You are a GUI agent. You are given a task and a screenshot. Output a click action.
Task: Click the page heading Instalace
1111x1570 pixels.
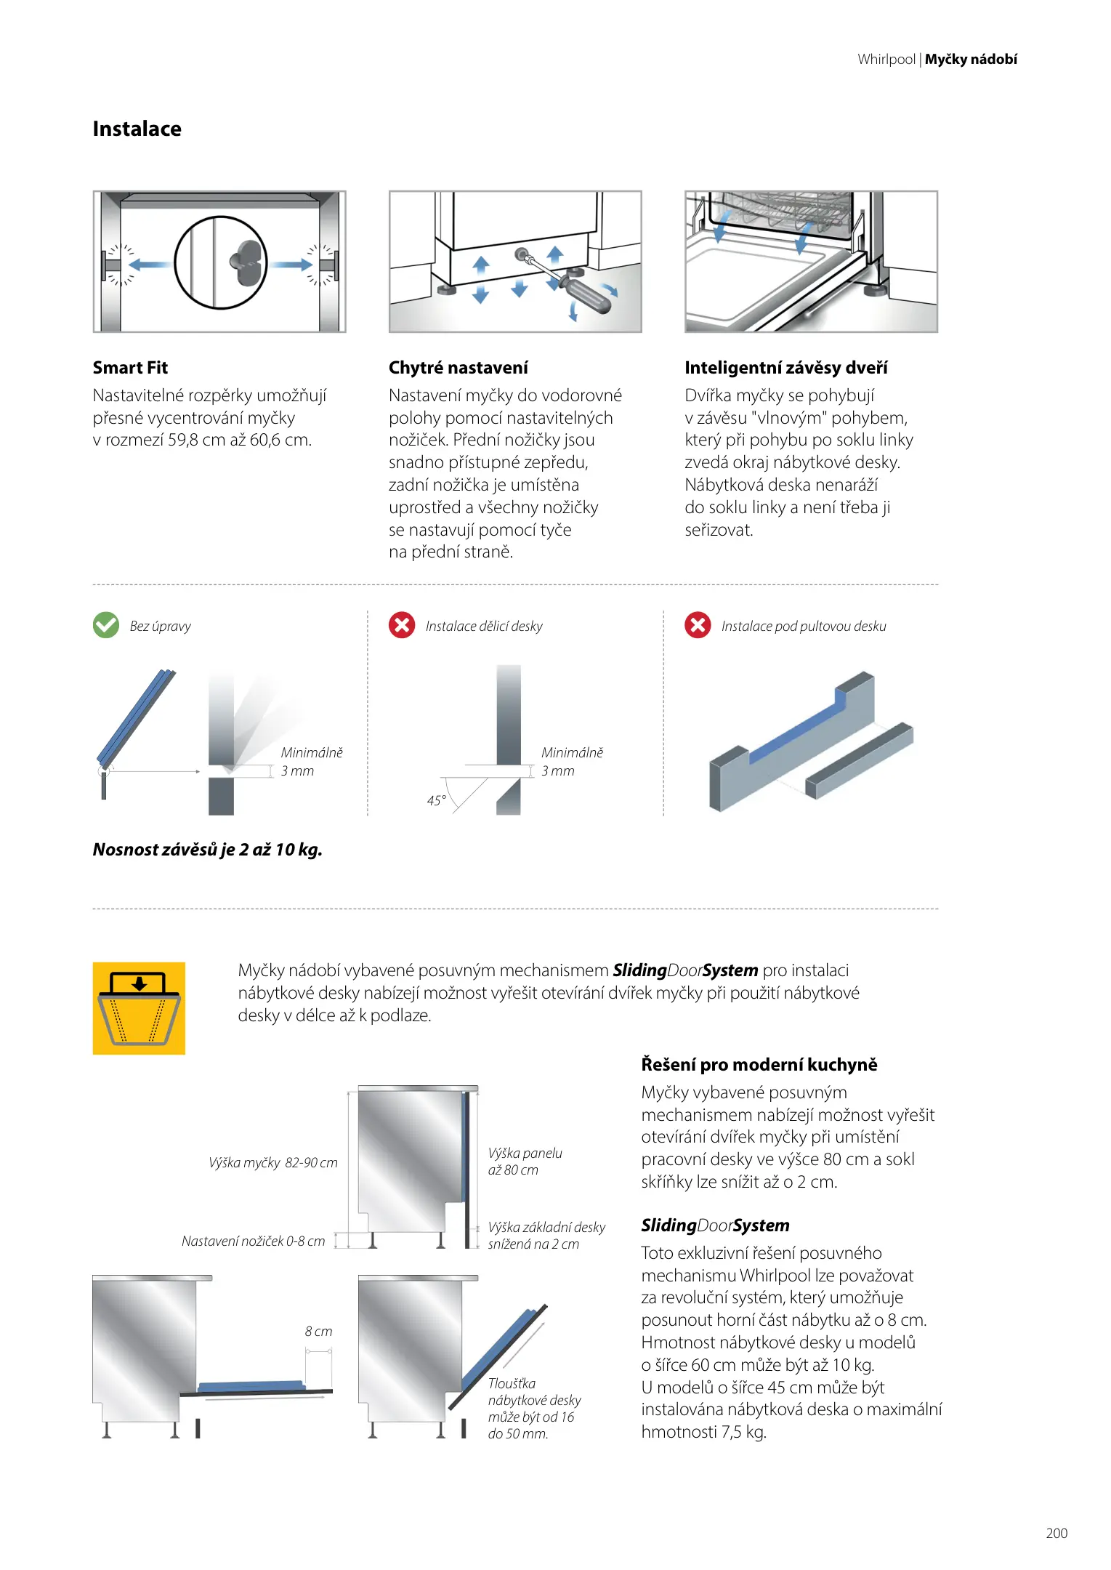[x=137, y=129]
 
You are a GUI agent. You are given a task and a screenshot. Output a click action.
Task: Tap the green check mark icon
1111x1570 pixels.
[x=106, y=625]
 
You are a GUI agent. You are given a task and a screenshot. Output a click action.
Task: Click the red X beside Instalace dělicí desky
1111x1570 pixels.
[x=402, y=625]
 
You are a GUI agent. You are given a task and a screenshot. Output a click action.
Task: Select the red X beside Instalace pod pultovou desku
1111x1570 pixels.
[x=698, y=625]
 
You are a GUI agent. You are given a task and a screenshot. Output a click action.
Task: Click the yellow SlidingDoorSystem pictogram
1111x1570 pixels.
[x=139, y=1008]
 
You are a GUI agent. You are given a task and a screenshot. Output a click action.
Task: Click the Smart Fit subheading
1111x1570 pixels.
[x=130, y=368]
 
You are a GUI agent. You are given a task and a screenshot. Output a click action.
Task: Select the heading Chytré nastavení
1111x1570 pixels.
[x=458, y=368]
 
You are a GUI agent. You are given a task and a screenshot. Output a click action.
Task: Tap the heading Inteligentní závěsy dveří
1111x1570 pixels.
[x=785, y=368]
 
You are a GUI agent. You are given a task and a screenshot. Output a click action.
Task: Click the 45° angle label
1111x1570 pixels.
[x=436, y=800]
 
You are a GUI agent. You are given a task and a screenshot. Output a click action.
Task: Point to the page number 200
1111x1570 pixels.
[x=1057, y=1533]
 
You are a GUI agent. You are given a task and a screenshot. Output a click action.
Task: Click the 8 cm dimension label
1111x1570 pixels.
[x=318, y=1331]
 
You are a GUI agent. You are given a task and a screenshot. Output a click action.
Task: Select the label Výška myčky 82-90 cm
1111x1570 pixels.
[x=273, y=1162]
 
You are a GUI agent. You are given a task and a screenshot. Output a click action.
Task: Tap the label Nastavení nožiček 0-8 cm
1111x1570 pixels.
[x=253, y=1241]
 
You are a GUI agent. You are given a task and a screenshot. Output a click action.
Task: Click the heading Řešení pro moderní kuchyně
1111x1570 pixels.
[x=759, y=1065]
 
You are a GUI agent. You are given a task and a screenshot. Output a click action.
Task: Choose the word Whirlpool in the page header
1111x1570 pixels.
[x=886, y=60]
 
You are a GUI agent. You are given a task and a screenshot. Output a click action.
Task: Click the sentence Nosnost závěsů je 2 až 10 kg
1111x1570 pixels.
[x=207, y=850]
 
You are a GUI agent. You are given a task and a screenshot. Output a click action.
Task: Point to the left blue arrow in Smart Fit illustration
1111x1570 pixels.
[x=151, y=265]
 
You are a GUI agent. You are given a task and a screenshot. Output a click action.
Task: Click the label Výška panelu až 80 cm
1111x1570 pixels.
[x=525, y=1162]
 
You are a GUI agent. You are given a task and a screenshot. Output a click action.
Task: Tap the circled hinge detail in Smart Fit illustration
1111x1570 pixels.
[x=221, y=262]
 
